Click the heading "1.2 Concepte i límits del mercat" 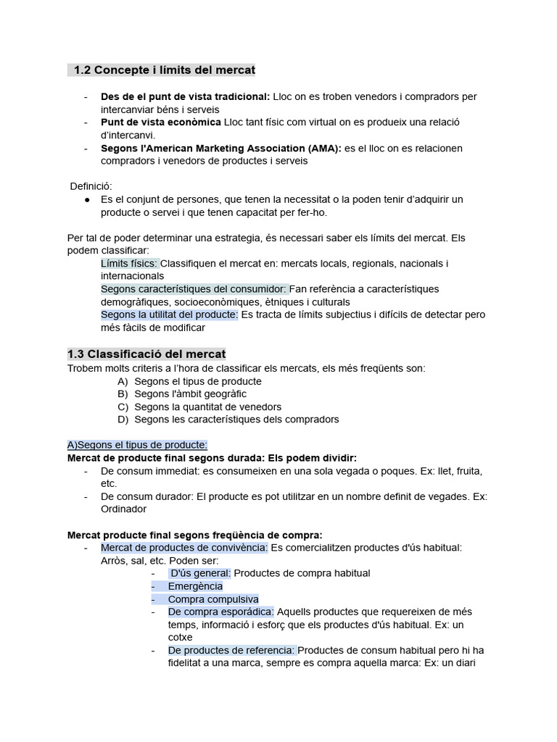165,70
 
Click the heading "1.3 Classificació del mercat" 147,354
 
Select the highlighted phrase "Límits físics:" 129,263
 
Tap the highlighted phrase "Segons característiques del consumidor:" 194,289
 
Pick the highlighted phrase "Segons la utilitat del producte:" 169,314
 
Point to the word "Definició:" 91,186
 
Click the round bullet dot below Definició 87,199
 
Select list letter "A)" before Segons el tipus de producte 123,381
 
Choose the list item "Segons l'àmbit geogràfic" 190,394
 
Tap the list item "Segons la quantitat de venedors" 207,407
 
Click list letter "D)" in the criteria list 123,420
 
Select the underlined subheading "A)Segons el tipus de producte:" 137,445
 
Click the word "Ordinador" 124,509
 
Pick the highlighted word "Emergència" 195,586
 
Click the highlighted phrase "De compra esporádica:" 220,612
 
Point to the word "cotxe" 180,638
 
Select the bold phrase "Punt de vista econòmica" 161,122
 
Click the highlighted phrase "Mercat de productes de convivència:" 184,547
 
